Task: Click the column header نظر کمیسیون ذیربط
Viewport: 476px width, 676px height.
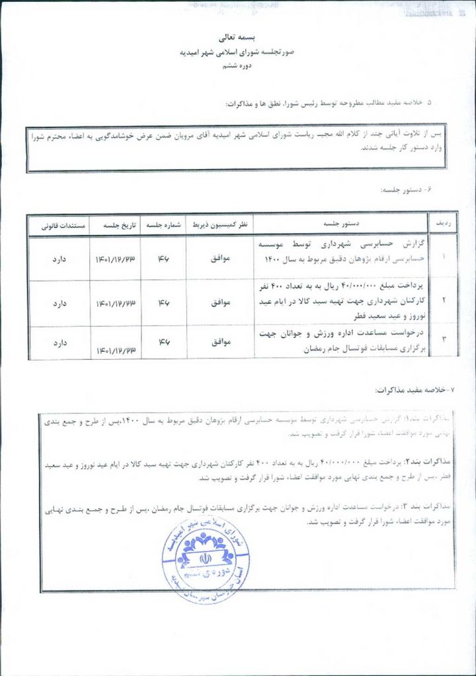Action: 219,224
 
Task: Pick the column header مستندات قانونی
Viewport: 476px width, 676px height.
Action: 58,224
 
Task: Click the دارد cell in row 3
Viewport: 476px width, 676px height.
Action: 58,343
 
